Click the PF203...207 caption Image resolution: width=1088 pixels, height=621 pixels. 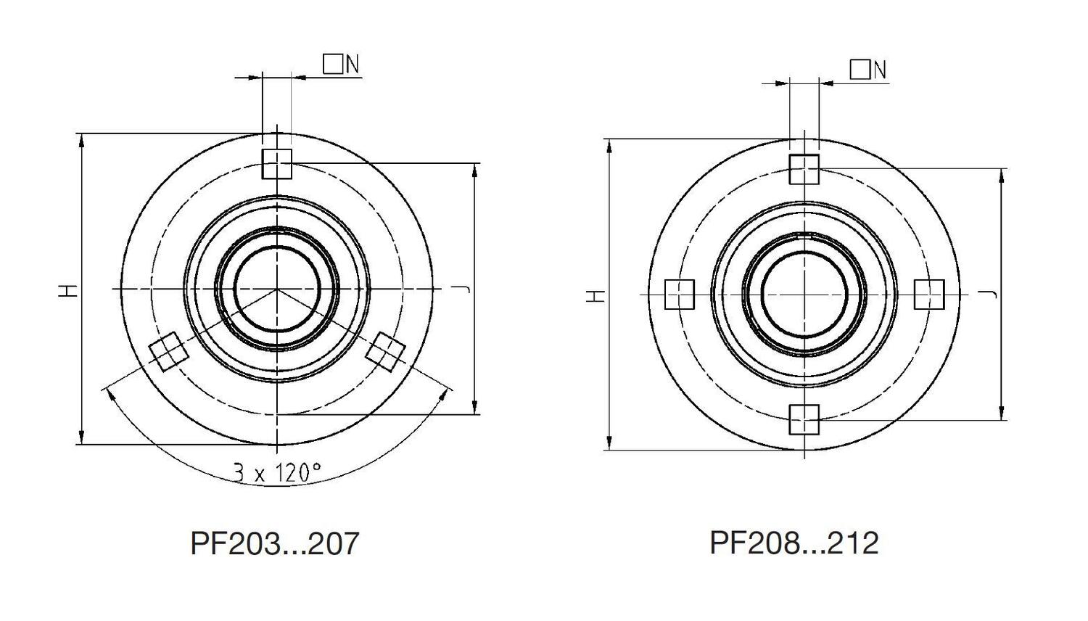pos(274,543)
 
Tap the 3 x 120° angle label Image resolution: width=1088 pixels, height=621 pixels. pos(276,473)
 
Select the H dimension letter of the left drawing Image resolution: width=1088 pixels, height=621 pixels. pos(68,290)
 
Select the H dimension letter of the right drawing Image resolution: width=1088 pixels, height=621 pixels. pos(595,295)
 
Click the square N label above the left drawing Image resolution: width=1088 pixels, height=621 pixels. pos(341,65)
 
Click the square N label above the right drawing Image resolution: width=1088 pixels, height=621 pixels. pos(868,70)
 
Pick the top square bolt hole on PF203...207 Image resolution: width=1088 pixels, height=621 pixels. pos(277,164)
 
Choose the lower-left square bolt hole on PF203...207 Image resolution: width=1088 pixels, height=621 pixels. pos(168,351)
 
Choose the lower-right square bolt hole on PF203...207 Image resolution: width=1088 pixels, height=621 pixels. pos(385,351)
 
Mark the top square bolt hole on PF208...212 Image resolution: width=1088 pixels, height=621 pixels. pos(804,170)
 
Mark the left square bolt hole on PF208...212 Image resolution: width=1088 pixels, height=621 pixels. pos(680,295)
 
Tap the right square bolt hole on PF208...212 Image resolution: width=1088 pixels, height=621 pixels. pos(929,295)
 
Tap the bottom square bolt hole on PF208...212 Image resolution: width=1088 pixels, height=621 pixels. pos(804,419)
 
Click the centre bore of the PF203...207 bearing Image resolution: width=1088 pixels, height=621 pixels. pos(276,289)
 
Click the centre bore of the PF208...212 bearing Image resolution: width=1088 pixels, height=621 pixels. pos(804,294)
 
